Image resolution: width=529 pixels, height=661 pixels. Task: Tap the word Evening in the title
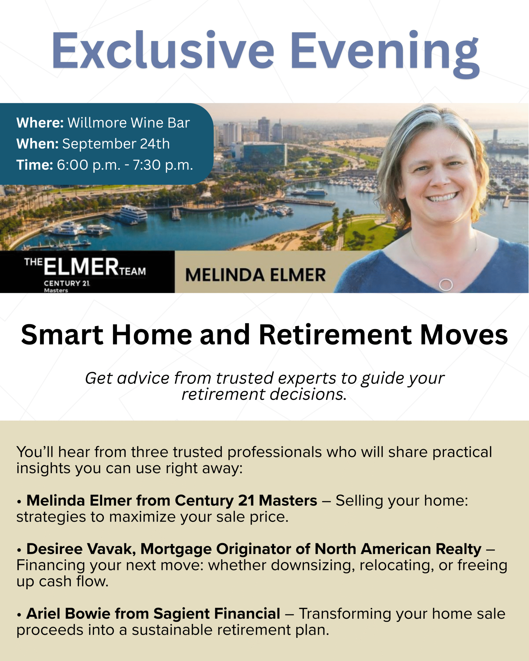pyautogui.click(x=385, y=54)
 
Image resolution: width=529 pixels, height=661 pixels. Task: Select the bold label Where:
pyautogui.click(x=40, y=123)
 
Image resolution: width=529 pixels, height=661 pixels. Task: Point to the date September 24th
pyautogui.click(x=116, y=144)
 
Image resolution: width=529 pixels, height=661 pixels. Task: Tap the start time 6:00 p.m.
pyautogui.click(x=89, y=165)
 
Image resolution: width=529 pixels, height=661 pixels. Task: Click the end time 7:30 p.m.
pyautogui.click(x=162, y=165)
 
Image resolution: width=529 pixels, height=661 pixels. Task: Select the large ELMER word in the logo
pyautogui.click(x=81, y=266)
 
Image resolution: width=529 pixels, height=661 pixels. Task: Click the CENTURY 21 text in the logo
pyautogui.click(x=67, y=283)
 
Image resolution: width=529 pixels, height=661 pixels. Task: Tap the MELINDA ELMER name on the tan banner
pyautogui.click(x=255, y=275)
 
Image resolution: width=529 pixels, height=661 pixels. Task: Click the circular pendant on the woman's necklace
pyautogui.click(x=446, y=285)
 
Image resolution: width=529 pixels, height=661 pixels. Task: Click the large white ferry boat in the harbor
pyautogui.click(x=133, y=213)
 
